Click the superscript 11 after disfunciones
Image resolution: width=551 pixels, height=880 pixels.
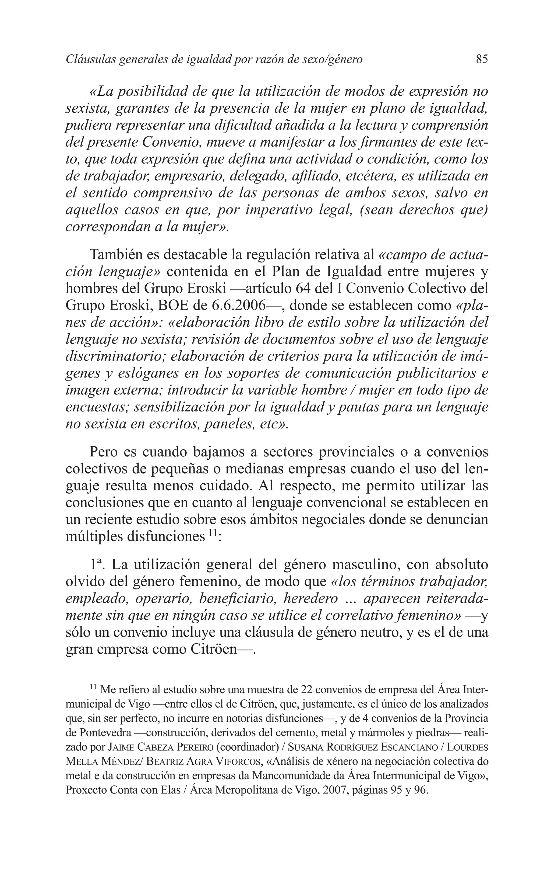pos(213,533)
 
